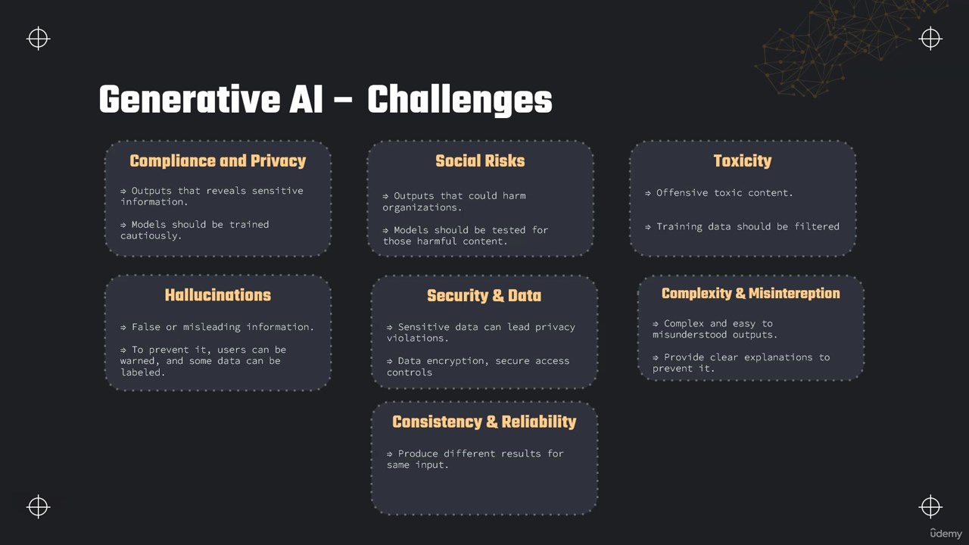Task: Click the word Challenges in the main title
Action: [x=460, y=100]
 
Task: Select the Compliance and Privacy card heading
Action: [x=217, y=161]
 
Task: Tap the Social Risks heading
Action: [x=480, y=161]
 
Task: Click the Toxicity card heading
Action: [x=743, y=161]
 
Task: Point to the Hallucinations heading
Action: [x=217, y=295]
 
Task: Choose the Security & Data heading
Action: [x=484, y=295]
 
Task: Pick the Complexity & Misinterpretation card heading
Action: [x=750, y=293]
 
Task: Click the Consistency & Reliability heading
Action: [x=484, y=422]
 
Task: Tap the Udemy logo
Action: [x=946, y=534]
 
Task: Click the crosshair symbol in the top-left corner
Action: [x=38, y=39]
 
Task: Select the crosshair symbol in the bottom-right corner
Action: [x=930, y=506]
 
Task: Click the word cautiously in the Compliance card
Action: [x=151, y=235]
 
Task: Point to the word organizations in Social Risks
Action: [x=422, y=207]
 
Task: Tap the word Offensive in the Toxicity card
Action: [x=682, y=193]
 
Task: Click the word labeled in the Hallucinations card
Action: [x=142, y=372]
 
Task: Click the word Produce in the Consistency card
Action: [x=418, y=453]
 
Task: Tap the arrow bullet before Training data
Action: [x=647, y=227]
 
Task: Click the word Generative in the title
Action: [x=190, y=100]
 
